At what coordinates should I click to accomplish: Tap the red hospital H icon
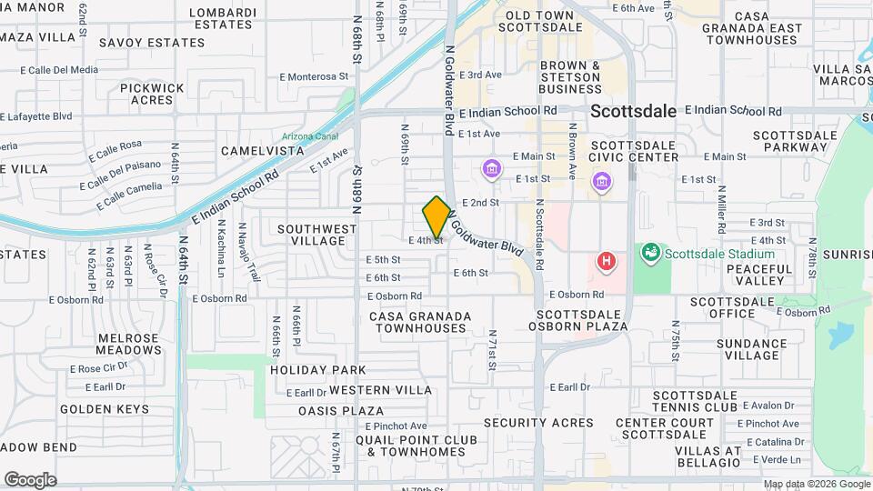tap(607, 262)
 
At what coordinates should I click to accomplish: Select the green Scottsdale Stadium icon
tap(649, 252)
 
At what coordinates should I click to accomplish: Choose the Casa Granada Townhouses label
tap(420, 321)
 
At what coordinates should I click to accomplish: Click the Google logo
tap(30, 479)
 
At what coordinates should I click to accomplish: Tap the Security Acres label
tap(539, 423)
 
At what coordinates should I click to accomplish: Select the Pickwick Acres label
tap(152, 94)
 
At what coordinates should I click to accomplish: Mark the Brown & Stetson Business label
tap(570, 77)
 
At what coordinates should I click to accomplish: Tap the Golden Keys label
tap(104, 409)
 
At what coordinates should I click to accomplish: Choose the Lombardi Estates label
tap(222, 19)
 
